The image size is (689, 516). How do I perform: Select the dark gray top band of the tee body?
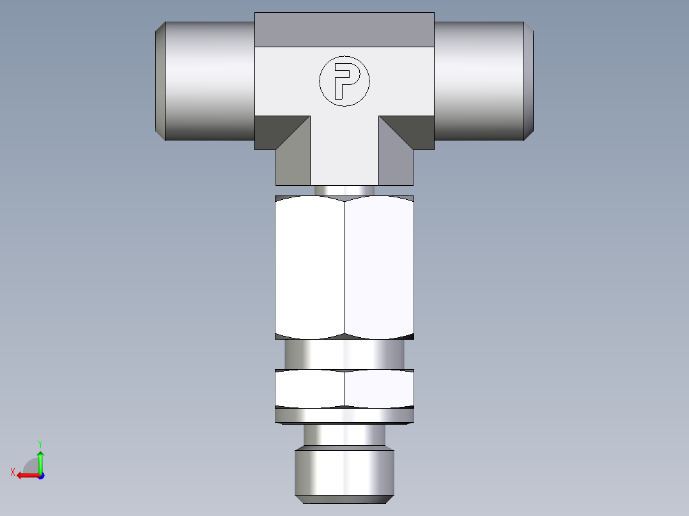[x=344, y=30]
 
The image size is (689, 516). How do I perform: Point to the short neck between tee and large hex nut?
[x=344, y=190]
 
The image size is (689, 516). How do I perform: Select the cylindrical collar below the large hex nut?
[x=344, y=354]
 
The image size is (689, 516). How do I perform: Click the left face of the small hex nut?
[x=310, y=388]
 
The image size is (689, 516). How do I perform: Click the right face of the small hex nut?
[x=379, y=388]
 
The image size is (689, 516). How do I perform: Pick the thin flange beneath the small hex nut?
[x=344, y=416]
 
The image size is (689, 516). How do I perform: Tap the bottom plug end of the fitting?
[x=344, y=474]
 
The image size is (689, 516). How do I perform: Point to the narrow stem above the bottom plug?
[x=344, y=437]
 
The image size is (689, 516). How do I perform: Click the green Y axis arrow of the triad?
[x=40, y=460]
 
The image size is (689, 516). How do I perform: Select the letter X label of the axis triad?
[x=13, y=472]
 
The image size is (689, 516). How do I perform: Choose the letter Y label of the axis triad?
[x=40, y=443]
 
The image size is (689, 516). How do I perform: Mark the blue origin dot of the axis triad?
[x=40, y=475]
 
